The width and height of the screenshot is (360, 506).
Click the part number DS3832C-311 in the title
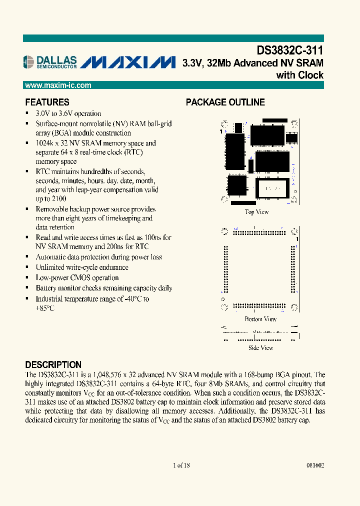coord(290,50)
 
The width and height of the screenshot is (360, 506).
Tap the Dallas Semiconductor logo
coord(50,61)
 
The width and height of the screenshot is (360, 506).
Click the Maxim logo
coord(128,62)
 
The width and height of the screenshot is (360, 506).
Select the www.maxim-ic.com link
coord(58,85)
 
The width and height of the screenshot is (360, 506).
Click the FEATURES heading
coord(47,102)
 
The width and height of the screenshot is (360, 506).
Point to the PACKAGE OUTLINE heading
coord(225,102)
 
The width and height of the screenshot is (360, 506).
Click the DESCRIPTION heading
coord(53,364)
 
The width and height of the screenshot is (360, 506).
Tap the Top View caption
coord(256,212)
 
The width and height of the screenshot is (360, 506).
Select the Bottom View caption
coord(260,319)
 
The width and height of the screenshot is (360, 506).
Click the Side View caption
coord(261,347)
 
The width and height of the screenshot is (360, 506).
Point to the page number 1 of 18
coord(181,465)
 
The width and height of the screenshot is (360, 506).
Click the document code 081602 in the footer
coord(314,465)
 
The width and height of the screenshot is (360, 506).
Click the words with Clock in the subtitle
coord(300,75)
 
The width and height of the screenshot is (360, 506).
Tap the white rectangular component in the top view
coord(272,188)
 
